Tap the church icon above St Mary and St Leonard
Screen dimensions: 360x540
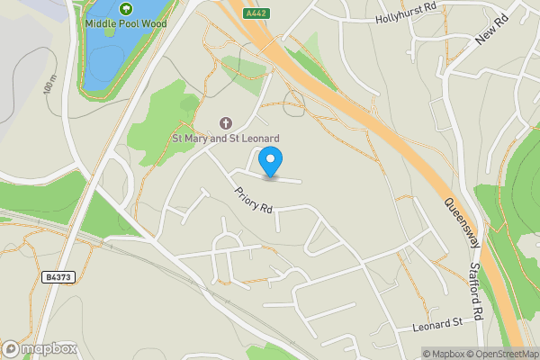coord(225,122)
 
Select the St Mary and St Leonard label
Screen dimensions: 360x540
coord(226,138)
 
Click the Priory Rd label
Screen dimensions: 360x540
coord(253,200)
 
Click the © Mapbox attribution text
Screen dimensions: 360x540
coord(445,354)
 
